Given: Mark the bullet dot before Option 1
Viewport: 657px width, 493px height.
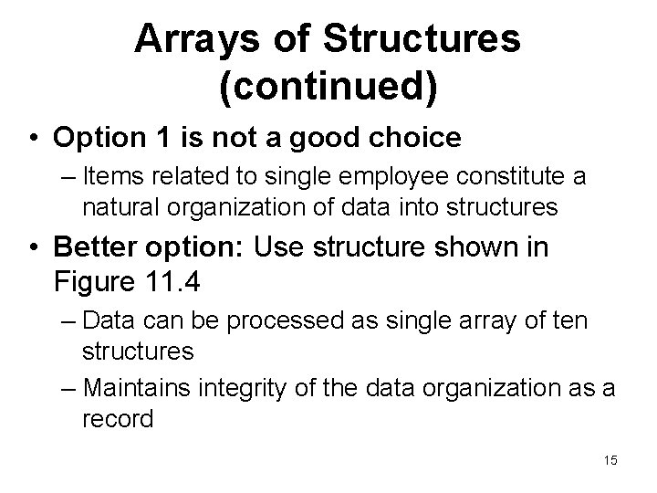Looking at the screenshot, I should (34, 139).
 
